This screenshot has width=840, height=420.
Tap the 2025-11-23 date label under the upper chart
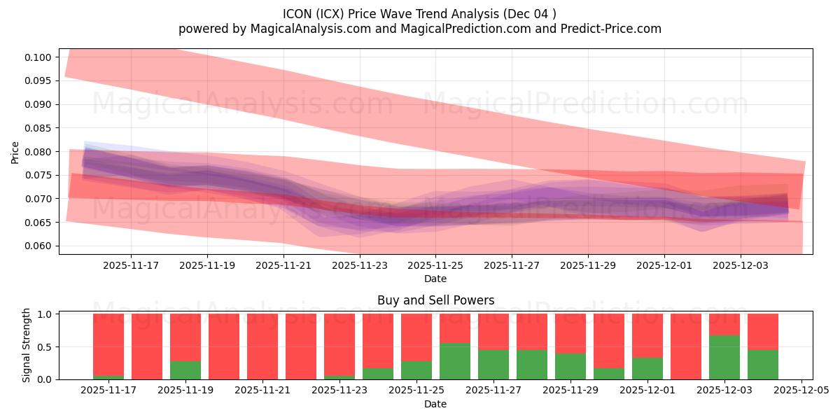pyautogui.click(x=359, y=266)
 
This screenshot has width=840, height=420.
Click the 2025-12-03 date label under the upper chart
pyautogui.click(x=741, y=266)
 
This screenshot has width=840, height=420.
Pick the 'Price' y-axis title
pyautogui.click(x=15, y=152)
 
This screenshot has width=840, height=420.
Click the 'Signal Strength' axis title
pyautogui.click(x=26, y=345)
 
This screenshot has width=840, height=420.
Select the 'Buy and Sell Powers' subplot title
pyautogui.click(x=435, y=300)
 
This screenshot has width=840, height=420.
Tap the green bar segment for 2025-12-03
pyautogui.click(x=724, y=357)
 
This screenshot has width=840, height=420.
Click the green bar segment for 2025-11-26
pyautogui.click(x=455, y=361)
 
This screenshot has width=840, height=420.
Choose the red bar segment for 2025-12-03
pyautogui.click(x=724, y=324)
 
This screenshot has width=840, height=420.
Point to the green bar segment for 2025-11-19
pyautogui.click(x=185, y=370)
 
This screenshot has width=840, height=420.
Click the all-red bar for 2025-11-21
pyautogui.click(x=262, y=346)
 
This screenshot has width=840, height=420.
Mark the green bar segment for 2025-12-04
pyautogui.click(x=763, y=365)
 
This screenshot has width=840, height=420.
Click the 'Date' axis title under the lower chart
pyautogui.click(x=435, y=404)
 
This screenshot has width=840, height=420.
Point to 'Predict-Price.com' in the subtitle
pyautogui.click(x=611, y=29)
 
